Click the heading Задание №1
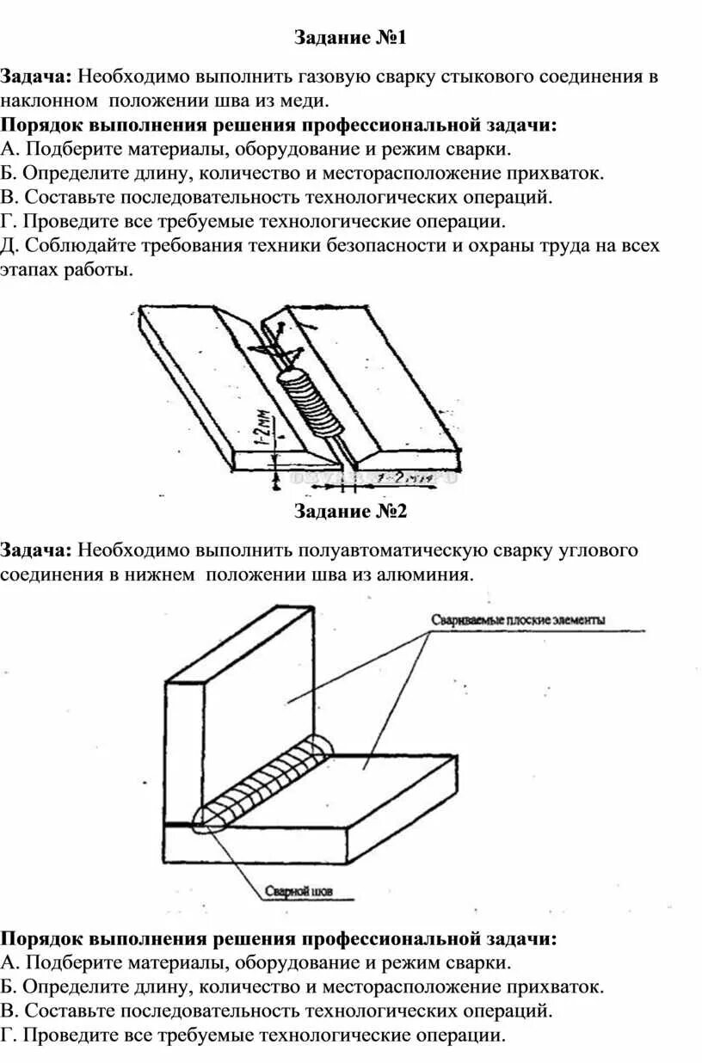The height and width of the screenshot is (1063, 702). (x=350, y=38)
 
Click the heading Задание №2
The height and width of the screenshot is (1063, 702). (x=350, y=512)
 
